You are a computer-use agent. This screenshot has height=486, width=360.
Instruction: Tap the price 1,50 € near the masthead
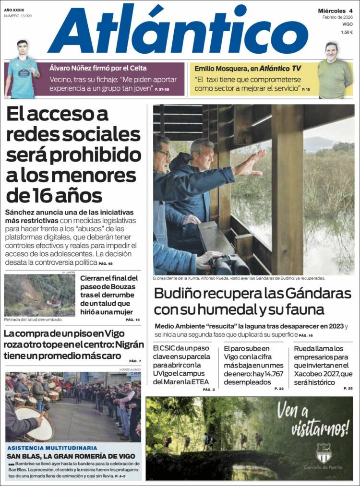click(x=347, y=32)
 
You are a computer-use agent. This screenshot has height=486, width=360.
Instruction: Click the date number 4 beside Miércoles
click(x=351, y=11)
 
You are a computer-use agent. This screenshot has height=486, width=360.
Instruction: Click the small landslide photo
click(x=39, y=295)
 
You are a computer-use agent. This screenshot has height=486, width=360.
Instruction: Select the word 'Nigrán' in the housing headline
click(x=122, y=344)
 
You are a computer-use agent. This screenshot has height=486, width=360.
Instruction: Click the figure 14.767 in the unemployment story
click(x=268, y=374)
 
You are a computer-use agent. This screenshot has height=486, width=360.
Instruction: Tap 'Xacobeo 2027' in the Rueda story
click(x=317, y=374)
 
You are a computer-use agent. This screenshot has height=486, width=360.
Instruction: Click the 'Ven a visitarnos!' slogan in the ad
click(x=312, y=417)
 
